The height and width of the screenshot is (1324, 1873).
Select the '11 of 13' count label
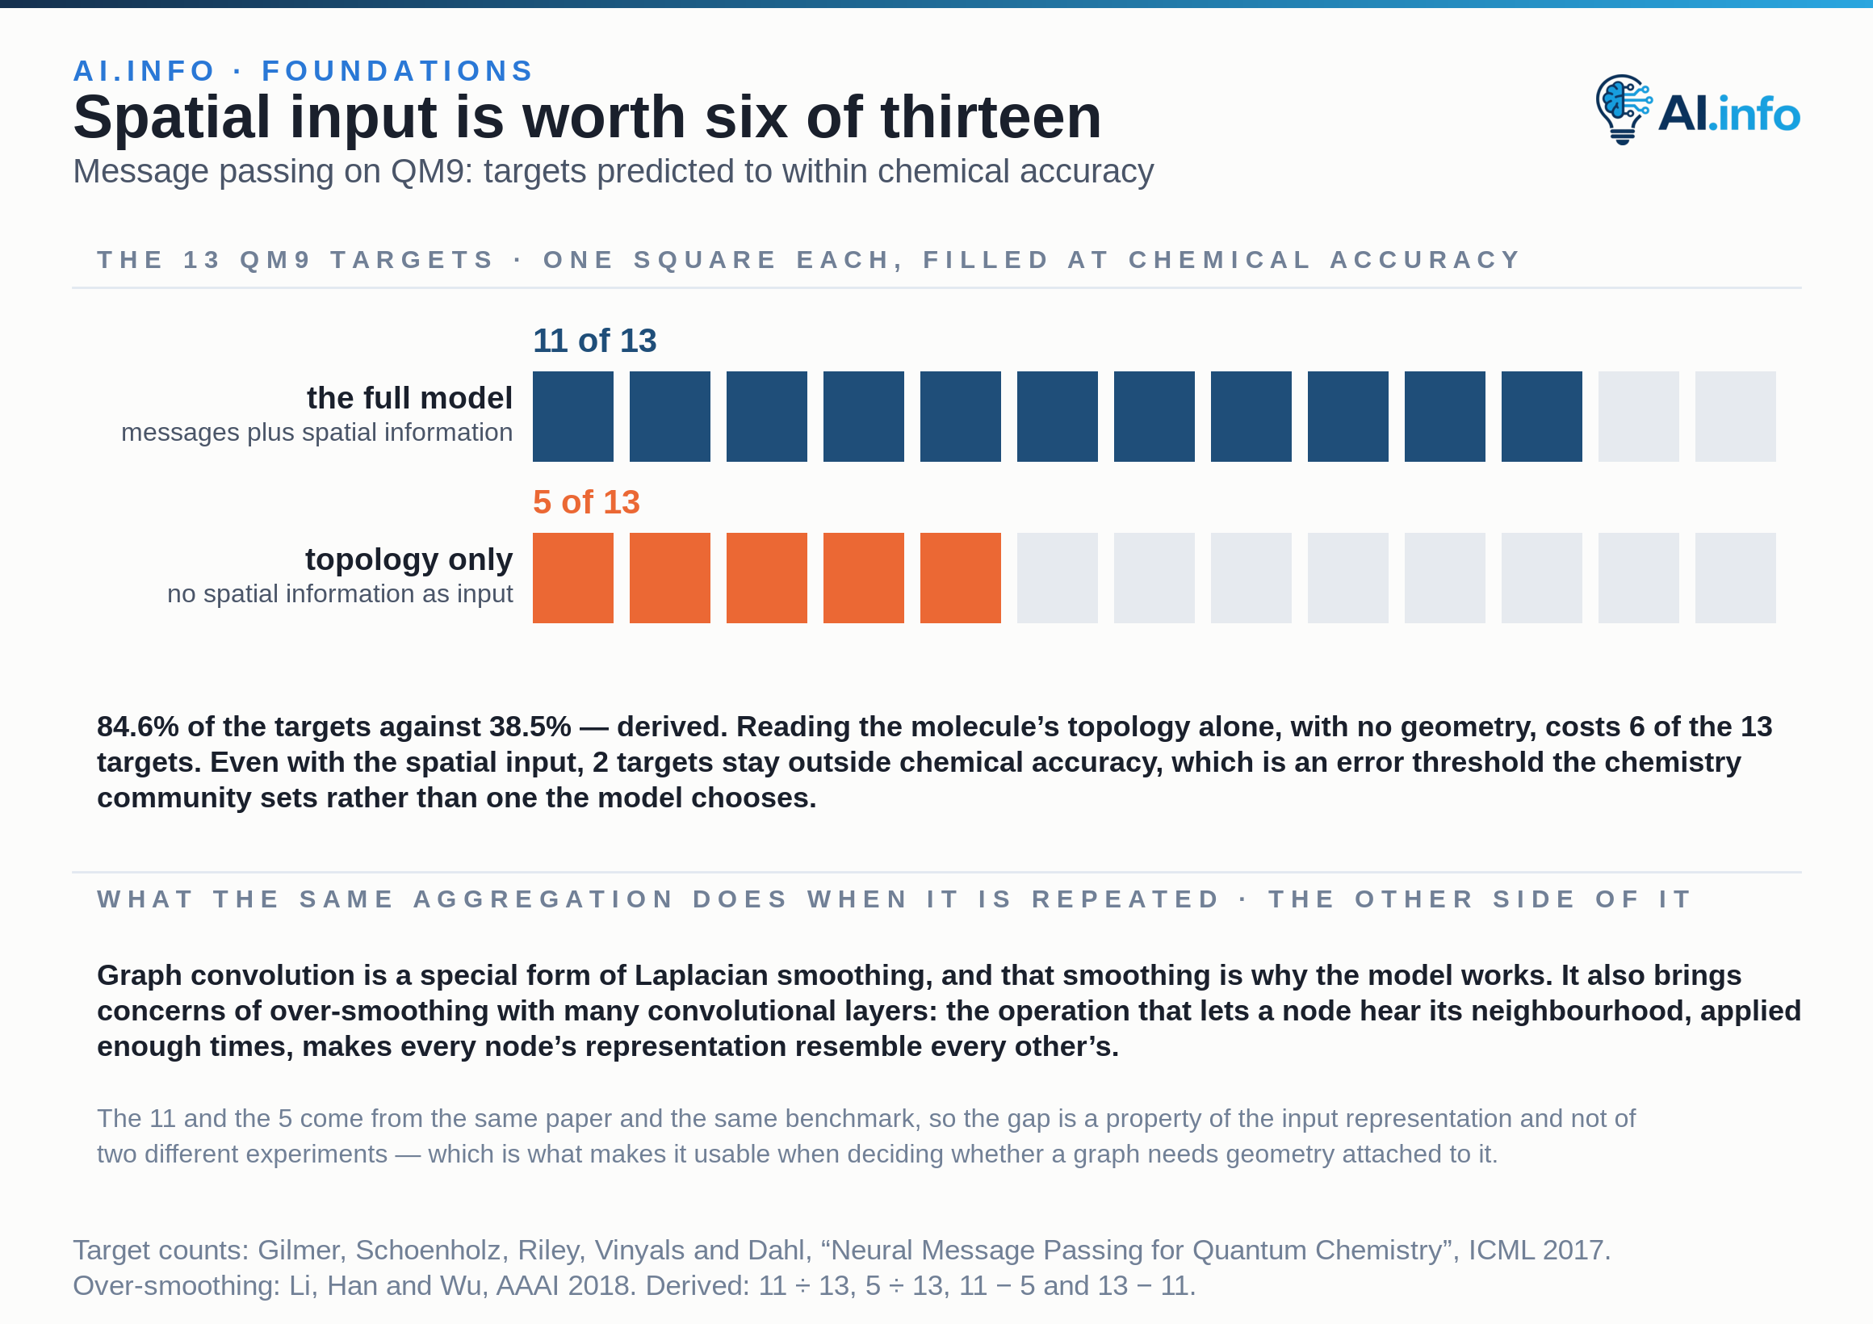(594, 340)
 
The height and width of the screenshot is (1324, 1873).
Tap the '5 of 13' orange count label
(586, 501)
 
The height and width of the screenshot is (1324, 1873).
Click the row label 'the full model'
(409, 398)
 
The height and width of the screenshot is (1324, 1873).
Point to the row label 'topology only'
(409, 559)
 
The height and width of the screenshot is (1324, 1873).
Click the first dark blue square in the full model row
(572, 416)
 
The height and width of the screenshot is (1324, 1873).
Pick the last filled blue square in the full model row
(1542, 416)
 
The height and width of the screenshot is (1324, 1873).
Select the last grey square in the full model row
(1735, 416)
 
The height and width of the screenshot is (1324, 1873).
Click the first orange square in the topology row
(572, 577)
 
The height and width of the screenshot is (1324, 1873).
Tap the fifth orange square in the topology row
(960, 577)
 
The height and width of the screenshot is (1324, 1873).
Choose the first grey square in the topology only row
(1058, 577)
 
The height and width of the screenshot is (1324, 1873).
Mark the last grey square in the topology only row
(1735, 577)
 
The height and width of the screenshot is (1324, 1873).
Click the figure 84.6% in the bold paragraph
(138, 726)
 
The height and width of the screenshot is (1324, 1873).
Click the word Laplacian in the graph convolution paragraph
(702, 975)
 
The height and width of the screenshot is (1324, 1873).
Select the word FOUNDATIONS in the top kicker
(398, 71)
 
